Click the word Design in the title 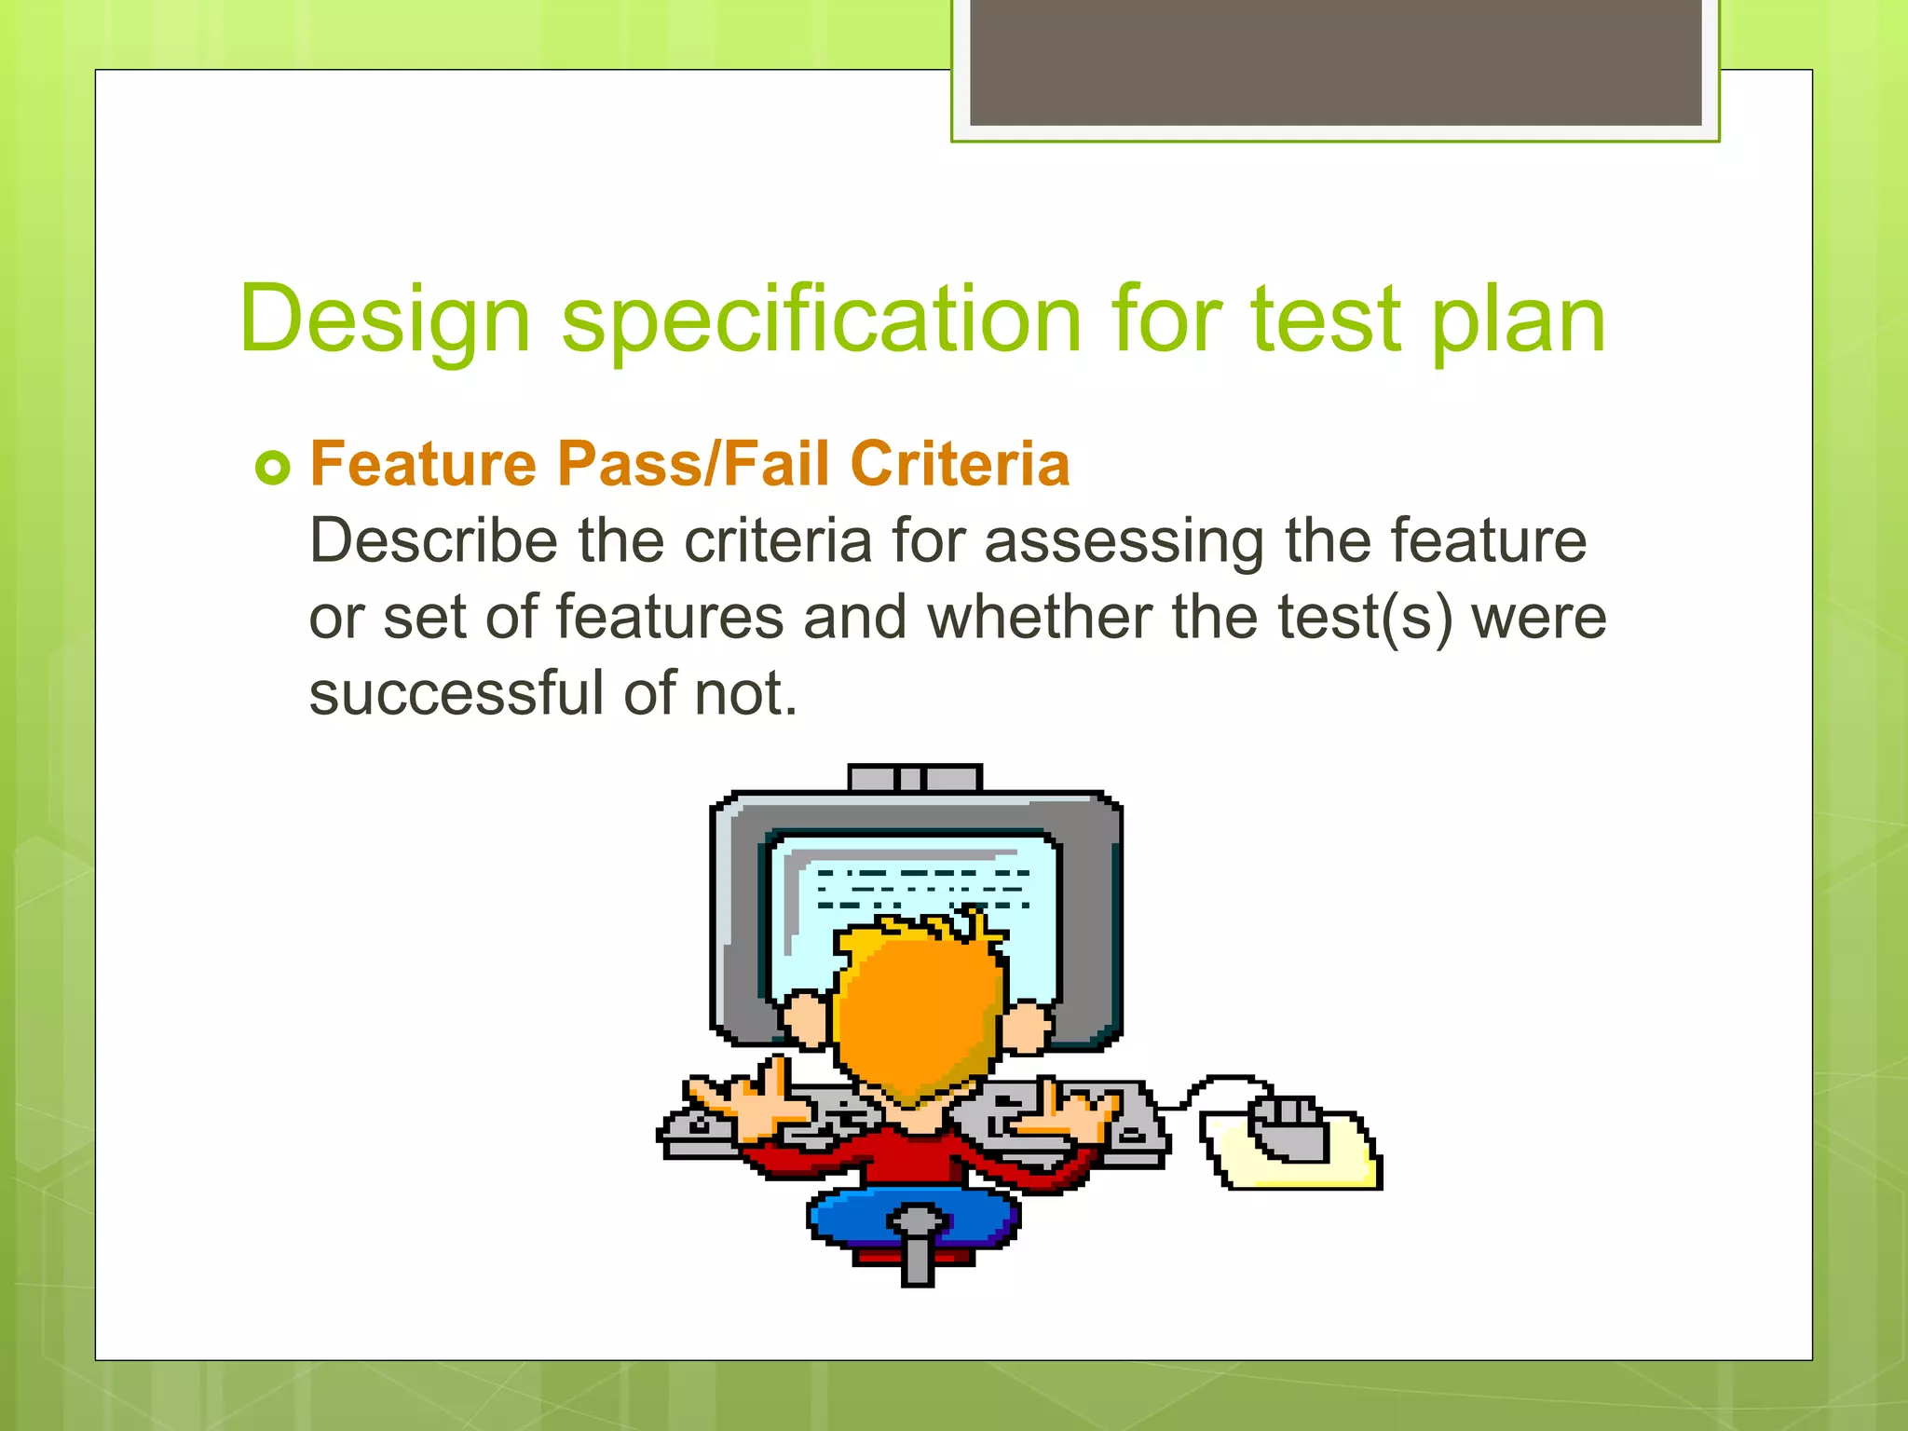(x=385, y=320)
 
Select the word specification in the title (x=821, y=320)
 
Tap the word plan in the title (x=1518, y=320)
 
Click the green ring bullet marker (x=273, y=467)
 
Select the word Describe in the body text (x=433, y=540)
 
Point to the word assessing (x=1124, y=540)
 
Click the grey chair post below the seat (x=918, y=1258)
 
